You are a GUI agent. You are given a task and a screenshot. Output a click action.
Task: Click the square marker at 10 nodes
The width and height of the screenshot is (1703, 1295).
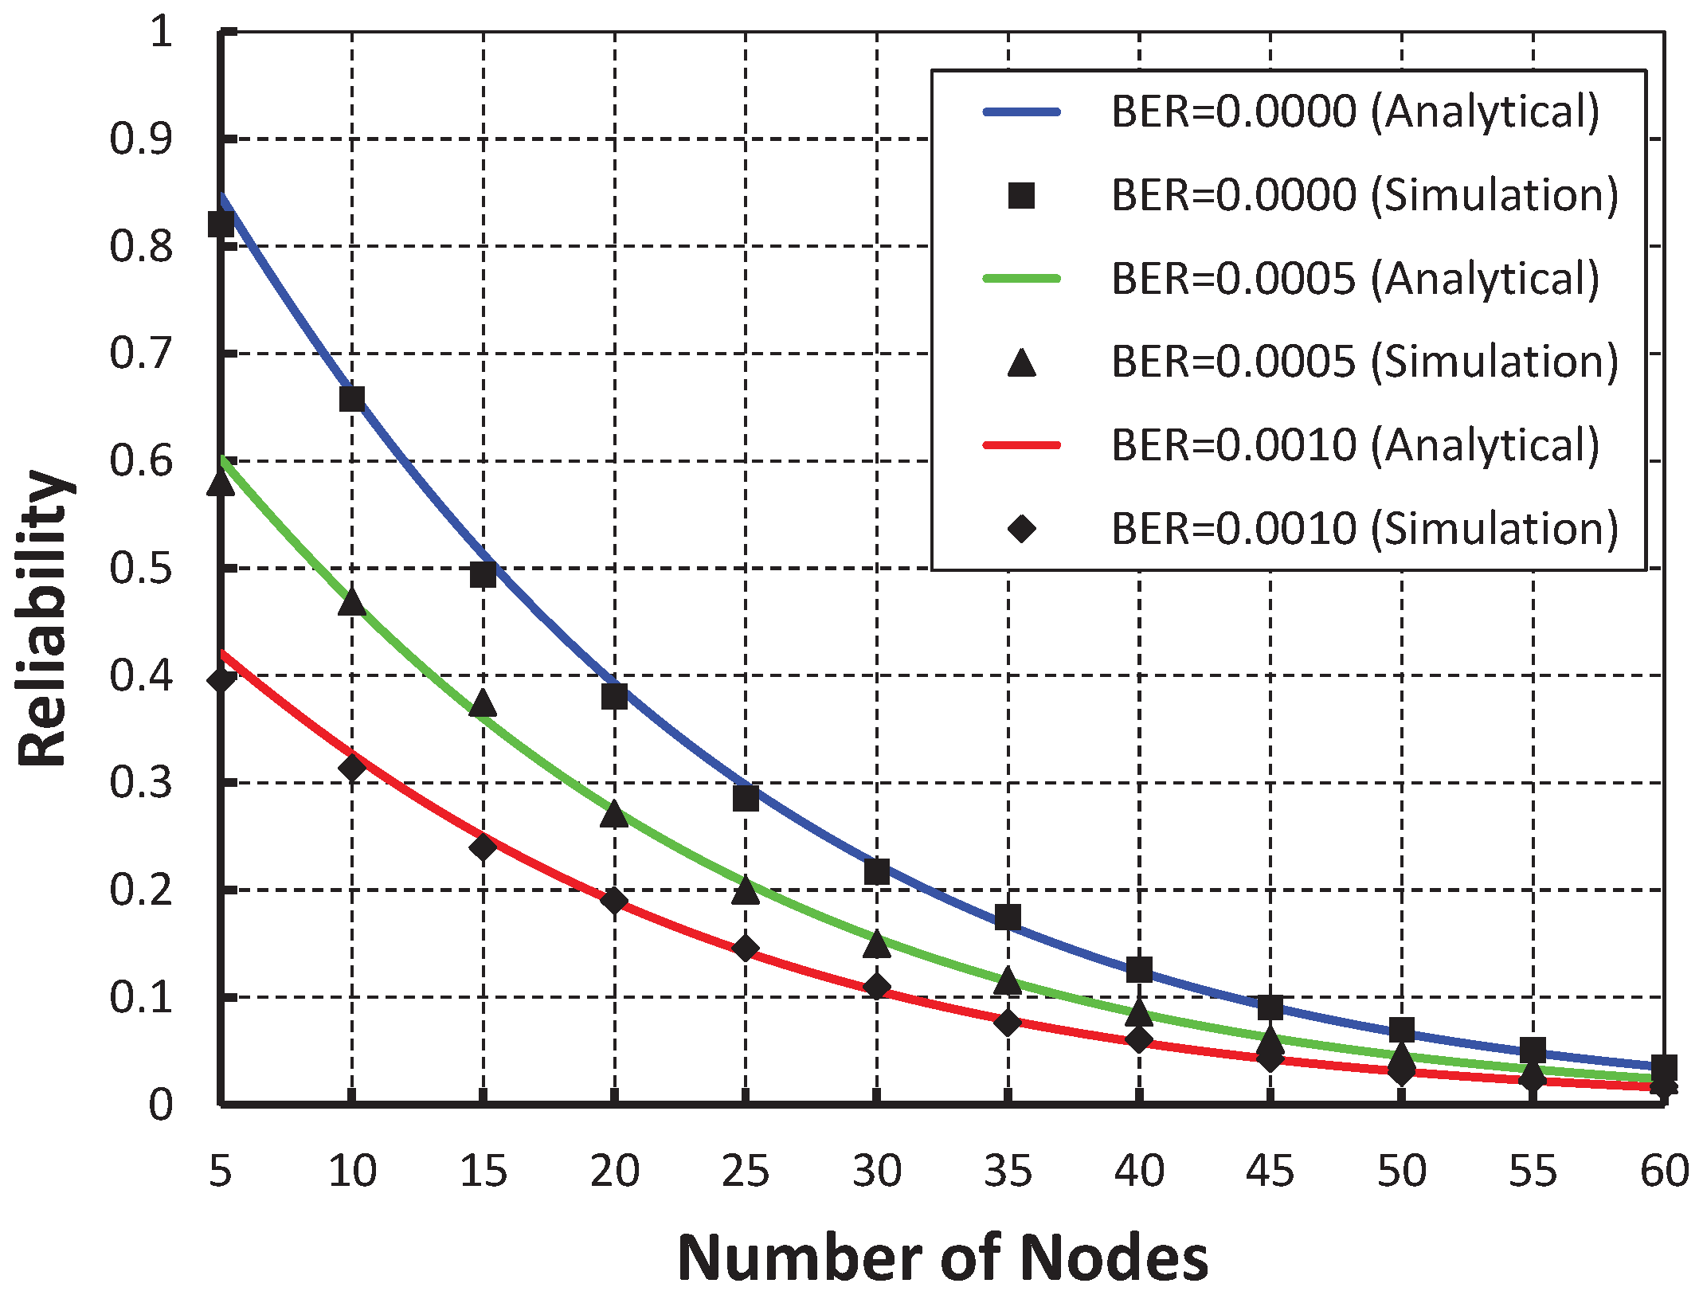pyautogui.click(x=352, y=398)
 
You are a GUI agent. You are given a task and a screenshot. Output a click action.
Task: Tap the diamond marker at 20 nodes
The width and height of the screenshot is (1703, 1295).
pyautogui.click(x=614, y=901)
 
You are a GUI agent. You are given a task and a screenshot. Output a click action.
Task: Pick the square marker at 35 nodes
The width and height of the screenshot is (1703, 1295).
pyautogui.click(x=1008, y=917)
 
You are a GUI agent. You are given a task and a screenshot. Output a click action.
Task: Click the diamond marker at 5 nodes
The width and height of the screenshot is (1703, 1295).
pyautogui.click(x=221, y=679)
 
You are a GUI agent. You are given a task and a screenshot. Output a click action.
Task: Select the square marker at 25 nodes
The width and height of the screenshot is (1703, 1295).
pyautogui.click(x=746, y=797)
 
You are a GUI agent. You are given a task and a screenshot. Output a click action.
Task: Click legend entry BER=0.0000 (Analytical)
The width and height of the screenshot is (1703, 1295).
pyautogui.click(x=1354, y=112)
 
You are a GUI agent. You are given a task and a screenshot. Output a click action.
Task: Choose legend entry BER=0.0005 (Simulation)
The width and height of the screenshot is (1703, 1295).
pyautogui.click(x=1364, y=362)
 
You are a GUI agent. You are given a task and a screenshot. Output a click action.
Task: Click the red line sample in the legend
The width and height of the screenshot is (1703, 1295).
pyautogui.click(x=1022, y=445)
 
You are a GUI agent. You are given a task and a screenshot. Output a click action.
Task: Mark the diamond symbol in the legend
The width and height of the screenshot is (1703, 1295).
pyautogui.click(x=1022, y=528)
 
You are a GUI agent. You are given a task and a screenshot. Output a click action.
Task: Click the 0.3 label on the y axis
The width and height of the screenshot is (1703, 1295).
pyautogui.click(x=141, y=782)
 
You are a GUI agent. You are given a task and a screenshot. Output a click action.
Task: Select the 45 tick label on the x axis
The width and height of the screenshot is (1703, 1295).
pyautogui.click(x=1270, y=1171)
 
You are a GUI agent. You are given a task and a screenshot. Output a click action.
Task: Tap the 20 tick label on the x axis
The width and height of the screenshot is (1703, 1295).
pyautogui.click(x=614, y=1171)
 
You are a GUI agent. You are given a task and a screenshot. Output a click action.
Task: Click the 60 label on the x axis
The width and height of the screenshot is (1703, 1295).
pyautogui.click(x=1664, y=1171)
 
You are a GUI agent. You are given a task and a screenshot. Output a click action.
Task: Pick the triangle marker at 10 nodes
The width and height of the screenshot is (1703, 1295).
pyautogui.click(x=352, y=602)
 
